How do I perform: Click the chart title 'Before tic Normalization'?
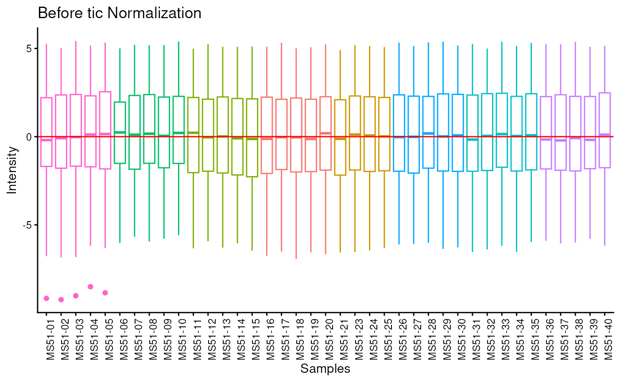click(120, 13)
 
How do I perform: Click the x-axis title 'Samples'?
click(325, 369)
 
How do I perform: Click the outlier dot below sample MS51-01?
click(46, 299)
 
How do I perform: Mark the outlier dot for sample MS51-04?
click(90, 287)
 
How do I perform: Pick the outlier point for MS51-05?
click(105, 293)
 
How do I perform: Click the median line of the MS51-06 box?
click(120, 132)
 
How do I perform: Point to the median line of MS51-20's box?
click(325, 133)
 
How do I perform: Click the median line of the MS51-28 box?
click(428, 133)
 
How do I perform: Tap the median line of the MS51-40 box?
click(605, 134)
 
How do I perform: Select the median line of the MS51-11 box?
click(194, 133)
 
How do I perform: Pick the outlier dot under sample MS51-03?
click(76, 296)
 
